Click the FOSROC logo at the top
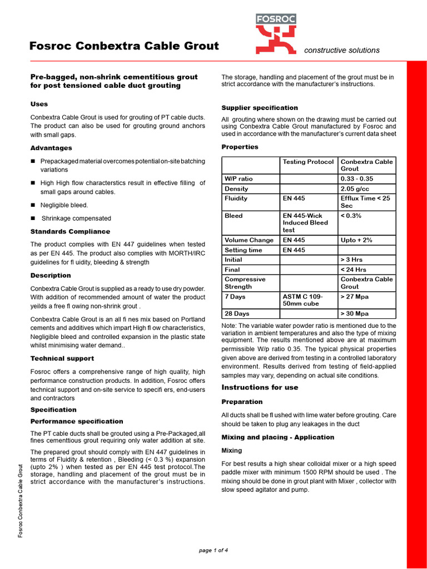(276, 34)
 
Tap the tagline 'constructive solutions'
(341, 51)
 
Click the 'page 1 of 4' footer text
(213, 550)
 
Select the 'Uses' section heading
(39, 104)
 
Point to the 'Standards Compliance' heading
(70, 232)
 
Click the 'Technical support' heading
(62, 358)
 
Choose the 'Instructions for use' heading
(260, 387)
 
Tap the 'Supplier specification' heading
(260, 108)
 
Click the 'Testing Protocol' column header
(308, 162)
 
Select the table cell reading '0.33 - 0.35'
(357, 179)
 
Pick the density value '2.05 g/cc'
(355, 189)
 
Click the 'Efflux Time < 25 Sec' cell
(366, 202)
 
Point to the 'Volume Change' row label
(249, 240)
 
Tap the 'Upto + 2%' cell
(356, 240)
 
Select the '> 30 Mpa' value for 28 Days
(354, 313)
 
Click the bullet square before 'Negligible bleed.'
(33, 205)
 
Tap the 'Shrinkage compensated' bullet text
(76, 218)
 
